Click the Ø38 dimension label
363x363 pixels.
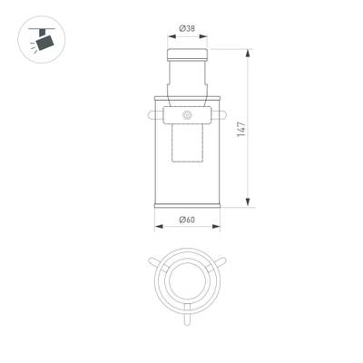click(x=188, y=28)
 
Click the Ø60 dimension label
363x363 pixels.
click(x=188, y=221)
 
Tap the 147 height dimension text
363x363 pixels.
click(x=240, y=128)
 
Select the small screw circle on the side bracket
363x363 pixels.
click(x=188, y=115)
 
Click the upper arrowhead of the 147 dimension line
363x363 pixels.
click(x=249, y=53)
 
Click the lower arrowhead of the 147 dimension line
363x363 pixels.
click(x=249, y=203)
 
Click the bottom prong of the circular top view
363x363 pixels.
click(x=187, y=319)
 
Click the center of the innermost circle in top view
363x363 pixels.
click(x=187, y=282)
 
